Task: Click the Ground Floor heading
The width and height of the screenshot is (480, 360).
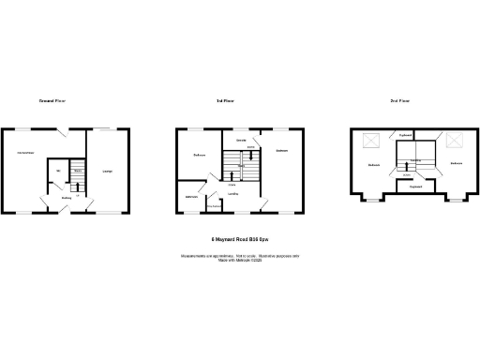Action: tap(52, 100)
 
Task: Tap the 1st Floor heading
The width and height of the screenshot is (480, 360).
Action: tap(225, 100)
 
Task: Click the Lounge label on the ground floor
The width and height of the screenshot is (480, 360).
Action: tap(108, 171)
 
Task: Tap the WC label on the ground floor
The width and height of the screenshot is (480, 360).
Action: tap(58, 171)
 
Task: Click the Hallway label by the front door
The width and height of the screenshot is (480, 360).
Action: tap(67, 198)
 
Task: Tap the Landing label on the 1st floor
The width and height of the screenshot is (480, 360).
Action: tap(232, 194)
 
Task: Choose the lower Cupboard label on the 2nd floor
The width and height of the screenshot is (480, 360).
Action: tap(414, 187)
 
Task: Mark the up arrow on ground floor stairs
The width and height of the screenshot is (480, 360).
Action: tap(79, 185)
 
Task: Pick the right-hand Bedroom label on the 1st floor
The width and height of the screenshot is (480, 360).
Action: tap(281, 150)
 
